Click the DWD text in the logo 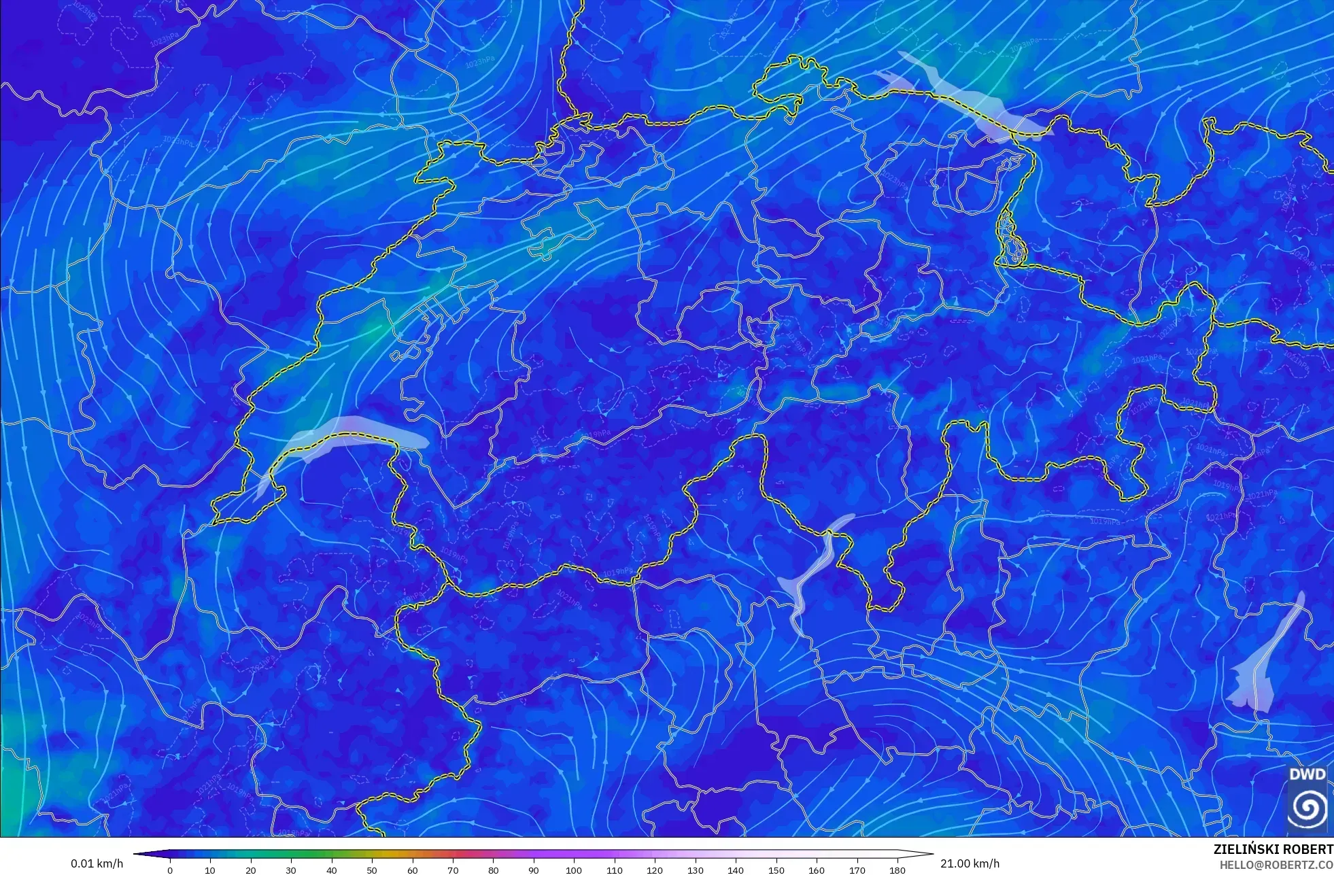coord(1307,774)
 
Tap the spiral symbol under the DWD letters coord(1307,808)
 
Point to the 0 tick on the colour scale coord(170,870)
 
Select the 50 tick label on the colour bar coord(372,870)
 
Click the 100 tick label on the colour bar coord(574,870)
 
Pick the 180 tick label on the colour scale coord(897,870)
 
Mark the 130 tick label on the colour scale coord(695,870)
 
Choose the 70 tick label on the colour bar coord(453,870)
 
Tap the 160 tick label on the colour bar coord(817,870)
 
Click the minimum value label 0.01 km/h coord(97,863)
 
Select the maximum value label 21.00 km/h coord(970,863)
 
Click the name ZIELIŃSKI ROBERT coord(1273,849)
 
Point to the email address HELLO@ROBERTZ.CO coord(1276,865)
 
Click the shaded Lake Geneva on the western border coord(354,432)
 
